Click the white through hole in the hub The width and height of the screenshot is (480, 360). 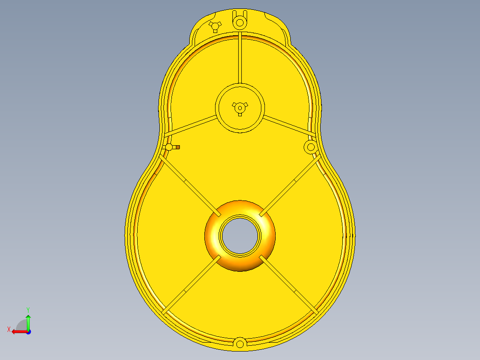click(240, 236)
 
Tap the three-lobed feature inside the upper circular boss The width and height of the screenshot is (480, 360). click(240, 108)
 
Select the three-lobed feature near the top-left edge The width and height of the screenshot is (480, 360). click(215, 26)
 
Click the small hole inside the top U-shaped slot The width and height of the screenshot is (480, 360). click(240, 23)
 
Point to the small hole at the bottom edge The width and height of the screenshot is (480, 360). click(240, 344)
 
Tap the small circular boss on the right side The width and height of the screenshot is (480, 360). click(311, 147)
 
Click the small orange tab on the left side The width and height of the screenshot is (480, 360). click(178, 147)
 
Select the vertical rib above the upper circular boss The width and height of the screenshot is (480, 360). click(240, 58)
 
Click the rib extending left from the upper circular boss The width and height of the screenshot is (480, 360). click(191, 126)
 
